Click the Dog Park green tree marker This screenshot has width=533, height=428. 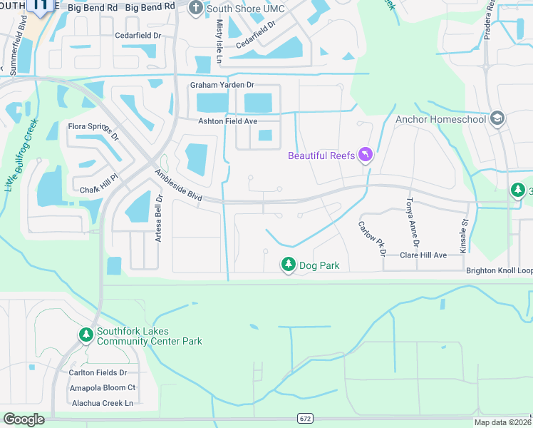(x=289, y=265)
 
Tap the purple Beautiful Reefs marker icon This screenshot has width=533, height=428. (x=366, y=155)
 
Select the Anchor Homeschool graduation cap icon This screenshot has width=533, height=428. (x=497, y=119)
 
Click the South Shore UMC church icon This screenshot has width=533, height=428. (x=197, y=8)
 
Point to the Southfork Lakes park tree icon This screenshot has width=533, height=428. (x=86, y=335)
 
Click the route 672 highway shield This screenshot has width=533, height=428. (x=306, y=418)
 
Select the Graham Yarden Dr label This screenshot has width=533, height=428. (x=222, y=86)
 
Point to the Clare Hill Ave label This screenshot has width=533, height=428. (x=423, y=255)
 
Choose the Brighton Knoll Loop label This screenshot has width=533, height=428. (x=499, y=271)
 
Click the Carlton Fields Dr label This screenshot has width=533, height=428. (x=98, y=372)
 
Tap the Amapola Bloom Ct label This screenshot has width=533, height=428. (x=102, y=387)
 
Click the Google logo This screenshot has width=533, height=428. (x=24, y=419)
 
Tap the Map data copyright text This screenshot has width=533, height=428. (x=502, y=422)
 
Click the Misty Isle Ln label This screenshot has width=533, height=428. (x=219, y=40)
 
